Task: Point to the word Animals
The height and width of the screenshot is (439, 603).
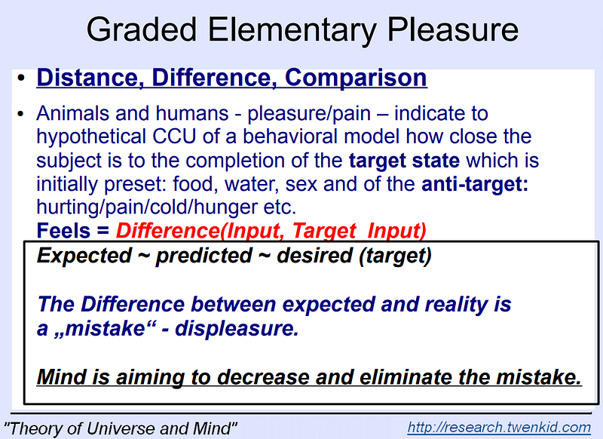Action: (74, 115)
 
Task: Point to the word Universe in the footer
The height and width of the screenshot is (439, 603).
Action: (124, 427)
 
